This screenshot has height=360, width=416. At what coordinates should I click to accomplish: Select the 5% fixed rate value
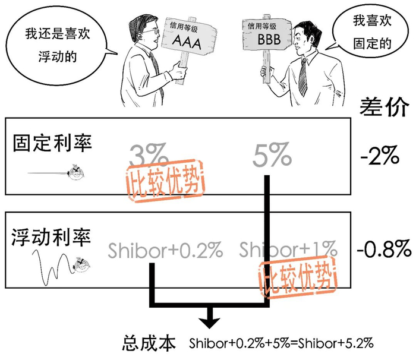coord(272,156)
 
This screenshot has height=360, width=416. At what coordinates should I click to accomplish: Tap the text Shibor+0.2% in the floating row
coord(166,250)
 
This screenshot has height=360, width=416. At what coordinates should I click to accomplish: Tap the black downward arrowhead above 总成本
coord(208,320)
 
